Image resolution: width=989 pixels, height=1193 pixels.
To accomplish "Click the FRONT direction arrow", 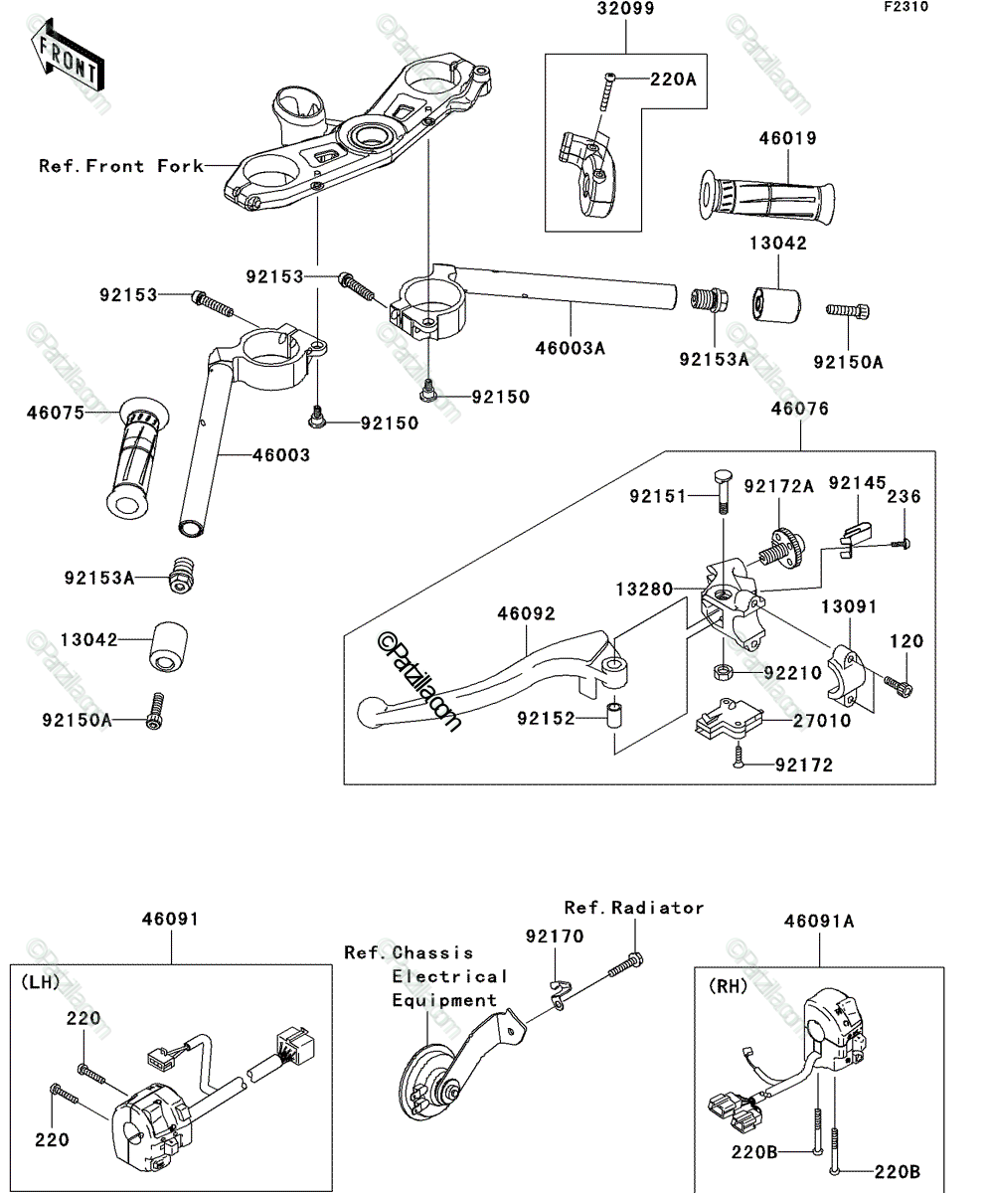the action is click(67, 55).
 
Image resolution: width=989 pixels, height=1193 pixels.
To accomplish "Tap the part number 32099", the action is click(625, 9).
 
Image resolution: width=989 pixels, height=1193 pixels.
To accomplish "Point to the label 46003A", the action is click(570, 348).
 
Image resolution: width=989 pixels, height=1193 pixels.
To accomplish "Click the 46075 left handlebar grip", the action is click(137, 458).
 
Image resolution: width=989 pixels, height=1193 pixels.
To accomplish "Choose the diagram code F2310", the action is click(907, 7).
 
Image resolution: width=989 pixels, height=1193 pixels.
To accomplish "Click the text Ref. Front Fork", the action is click(121, 166).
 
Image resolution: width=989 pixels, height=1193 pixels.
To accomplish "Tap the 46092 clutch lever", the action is click(491, 678).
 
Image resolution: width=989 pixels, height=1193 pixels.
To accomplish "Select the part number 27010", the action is click(822, 721).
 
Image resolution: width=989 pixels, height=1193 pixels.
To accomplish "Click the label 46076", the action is click(799, 409).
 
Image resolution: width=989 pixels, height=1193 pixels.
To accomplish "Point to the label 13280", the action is click(644, 590).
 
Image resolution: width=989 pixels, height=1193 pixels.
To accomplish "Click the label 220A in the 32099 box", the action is click(673, 80).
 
